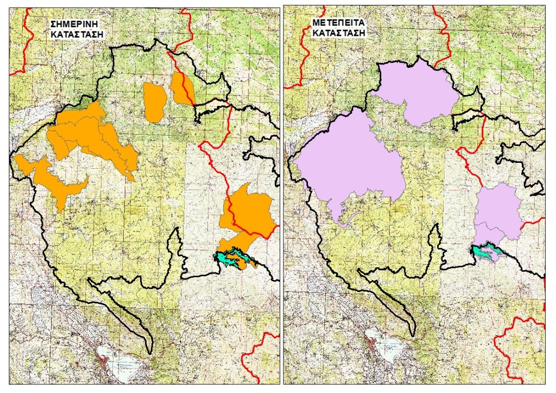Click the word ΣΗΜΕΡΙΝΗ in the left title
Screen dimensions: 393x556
pyautogui.click(x=77, y=24)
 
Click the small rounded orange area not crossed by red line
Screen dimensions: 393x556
pyautogui.click(x=155, y=102)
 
